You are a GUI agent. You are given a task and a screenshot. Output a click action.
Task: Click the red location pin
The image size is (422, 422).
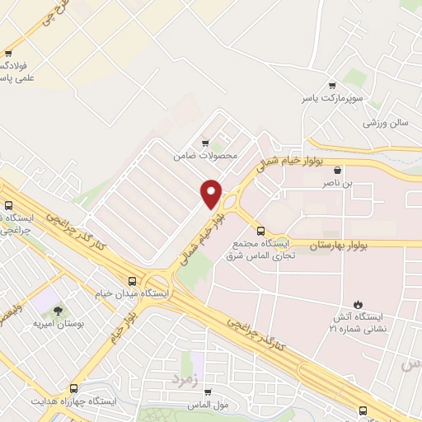pos(212,194)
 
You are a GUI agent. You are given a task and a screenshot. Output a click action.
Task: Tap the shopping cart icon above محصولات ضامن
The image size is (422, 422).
pos(205,142)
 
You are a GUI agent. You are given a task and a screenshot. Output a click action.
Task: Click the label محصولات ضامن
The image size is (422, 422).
pos(205,155)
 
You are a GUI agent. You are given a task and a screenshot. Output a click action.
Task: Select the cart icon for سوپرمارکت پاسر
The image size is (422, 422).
pos(331,85)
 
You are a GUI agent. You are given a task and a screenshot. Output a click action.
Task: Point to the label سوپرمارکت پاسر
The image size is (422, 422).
pos(331,98)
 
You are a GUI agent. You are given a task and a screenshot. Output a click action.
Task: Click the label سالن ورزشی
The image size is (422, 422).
pos(387,123)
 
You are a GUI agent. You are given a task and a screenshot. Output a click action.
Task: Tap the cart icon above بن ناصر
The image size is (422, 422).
pos(337,171)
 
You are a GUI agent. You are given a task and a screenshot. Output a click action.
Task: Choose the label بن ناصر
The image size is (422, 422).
pos(337,184)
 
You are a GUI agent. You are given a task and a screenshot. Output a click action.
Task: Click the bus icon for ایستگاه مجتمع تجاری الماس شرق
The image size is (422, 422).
pos(260,231)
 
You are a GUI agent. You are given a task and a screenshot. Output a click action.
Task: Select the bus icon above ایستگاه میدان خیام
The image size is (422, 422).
pos(134,279)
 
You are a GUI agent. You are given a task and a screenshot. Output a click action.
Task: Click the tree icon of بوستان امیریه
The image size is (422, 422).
pos(59,311)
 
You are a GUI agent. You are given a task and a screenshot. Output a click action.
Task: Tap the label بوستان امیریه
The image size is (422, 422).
pos(59,325)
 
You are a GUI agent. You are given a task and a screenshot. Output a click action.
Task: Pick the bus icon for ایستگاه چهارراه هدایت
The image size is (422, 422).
pos(74,387)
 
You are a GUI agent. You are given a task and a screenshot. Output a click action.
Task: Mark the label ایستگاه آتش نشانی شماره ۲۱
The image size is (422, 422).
pos(357,324)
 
